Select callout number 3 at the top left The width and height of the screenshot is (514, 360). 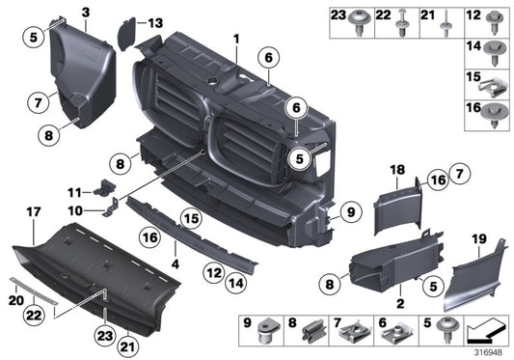85,12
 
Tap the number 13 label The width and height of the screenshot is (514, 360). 156,21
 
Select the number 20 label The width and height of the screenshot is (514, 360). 14,300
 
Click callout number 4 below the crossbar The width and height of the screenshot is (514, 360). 175,262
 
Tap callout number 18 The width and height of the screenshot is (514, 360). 395,169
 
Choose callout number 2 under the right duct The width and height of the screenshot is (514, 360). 398,302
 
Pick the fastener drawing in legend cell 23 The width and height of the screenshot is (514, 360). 363,26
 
